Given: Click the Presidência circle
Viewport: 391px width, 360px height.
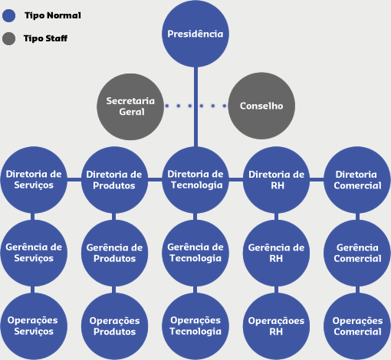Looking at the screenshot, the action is pyautogui.click(x=195, y=34).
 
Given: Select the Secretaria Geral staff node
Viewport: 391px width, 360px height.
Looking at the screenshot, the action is pyautogui.click(x=130, y=106).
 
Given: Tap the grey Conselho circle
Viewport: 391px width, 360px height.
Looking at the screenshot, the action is pyautogui.click(x=261, y=106).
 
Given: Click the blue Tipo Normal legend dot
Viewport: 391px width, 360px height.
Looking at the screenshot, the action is pyautogui.click(x=9, y=15).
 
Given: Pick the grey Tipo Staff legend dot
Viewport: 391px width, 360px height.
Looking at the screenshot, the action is pyautogui.click(x=9, y=38).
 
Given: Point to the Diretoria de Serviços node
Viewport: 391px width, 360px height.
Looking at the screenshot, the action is pyautogui.click(x=34, y=180).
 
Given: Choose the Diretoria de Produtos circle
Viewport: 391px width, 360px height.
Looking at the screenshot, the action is pyautogui.click(x=114, y=180).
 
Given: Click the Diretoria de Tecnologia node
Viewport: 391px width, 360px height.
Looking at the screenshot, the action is pyautogui.click(x=195, y=180).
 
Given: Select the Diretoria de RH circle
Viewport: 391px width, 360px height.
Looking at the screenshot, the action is pyautogui.click(x=276, y=180).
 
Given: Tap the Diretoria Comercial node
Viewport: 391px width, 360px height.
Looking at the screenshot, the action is pyautogui.click(x=357, y=180).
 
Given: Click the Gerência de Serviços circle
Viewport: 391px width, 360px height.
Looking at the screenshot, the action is pyautogui.click(x=34, y=253).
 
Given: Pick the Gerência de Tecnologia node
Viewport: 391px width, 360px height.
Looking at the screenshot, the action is pyautogui.click(x=195, y=253).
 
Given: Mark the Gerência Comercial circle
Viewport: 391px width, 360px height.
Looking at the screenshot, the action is pyautogui.click(x=357, y=253).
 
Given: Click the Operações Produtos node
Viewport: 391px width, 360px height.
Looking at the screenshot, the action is pyautogui.click(x=114, y=326).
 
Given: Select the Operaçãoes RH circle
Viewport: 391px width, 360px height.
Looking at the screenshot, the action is pyautogui.click(x=276, y=326).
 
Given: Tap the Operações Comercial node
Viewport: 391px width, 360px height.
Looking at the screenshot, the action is pyautogui.click(x=357, y=326).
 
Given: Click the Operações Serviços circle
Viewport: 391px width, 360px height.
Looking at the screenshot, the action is pyautogui.click(x=34, y=326).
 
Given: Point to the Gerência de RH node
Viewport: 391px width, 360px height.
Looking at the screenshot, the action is pyautogui.click(x=276, y=253).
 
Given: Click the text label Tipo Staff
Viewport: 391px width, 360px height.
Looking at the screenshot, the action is pyautogui.click(x=45, y=38).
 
